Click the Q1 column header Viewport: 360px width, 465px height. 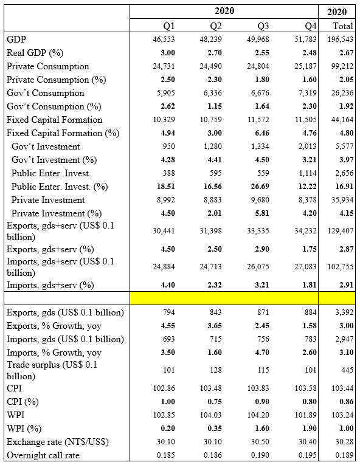pos(169,26)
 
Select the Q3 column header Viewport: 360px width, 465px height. pos(263,26)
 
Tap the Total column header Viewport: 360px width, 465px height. pos(343,26)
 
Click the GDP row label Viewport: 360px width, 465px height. pos(16,39)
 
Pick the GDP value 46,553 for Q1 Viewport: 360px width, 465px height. pos(164,40)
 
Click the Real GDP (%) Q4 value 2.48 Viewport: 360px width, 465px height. pos(310,53)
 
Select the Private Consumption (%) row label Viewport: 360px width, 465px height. pos(57,80)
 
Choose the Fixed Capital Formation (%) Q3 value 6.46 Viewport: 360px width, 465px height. pos(262,133)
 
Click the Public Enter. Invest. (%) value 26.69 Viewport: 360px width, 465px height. pos(260,186)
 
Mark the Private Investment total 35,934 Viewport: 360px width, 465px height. pos(342,200)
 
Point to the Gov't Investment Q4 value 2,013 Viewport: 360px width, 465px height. pos(308,146)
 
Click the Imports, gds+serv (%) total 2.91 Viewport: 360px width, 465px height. pos(347,285)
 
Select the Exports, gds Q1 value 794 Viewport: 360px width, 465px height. pos(169,312)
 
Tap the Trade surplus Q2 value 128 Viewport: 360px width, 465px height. pos(216,370)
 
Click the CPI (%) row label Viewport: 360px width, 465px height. pos(23,402)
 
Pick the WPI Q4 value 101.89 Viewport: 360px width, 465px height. pos(306,415)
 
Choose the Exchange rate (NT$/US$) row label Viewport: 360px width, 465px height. pos(58,442)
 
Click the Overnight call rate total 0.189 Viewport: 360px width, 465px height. pos(344,455)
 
